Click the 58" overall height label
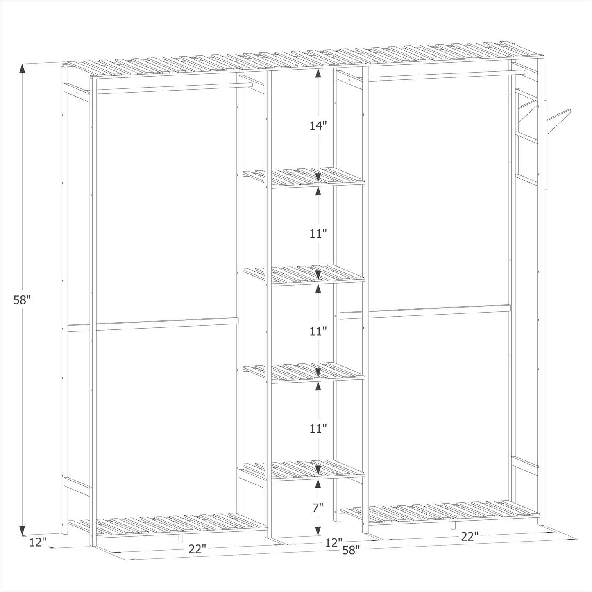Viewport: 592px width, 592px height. coord(22,300)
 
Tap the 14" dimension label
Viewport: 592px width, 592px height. coord(318,126)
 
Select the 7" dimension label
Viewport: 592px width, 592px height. coord(318,508)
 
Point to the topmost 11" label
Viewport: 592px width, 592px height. coord(318,234)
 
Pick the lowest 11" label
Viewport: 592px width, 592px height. coord(318,429)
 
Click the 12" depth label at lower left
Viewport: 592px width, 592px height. coord(38,542)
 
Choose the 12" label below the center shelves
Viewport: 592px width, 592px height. coord(334,543)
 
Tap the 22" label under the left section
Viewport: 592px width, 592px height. coord(197,549)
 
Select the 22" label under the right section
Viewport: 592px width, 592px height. coord(470,536)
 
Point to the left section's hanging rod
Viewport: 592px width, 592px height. coord(172,87)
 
